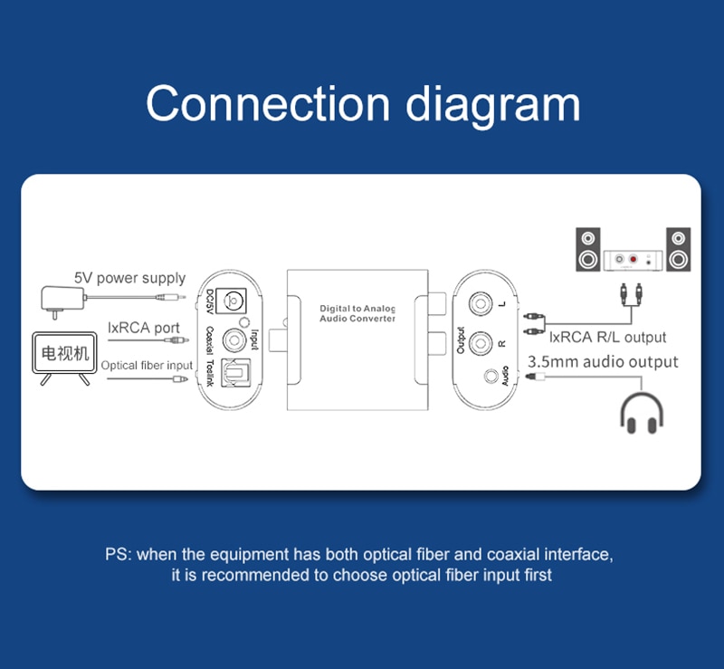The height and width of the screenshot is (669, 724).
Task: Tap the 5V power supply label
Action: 129,278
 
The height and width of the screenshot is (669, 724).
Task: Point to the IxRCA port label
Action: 143,328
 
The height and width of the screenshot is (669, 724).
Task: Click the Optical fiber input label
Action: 147,365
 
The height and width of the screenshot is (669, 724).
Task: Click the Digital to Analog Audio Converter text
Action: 357,314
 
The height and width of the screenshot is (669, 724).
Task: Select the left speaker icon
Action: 589,250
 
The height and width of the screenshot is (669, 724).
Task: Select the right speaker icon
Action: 678,250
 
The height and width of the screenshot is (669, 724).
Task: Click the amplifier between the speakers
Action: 633,260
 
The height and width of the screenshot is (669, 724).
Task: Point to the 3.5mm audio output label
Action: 603,362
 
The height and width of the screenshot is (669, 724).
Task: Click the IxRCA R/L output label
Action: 607,337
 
